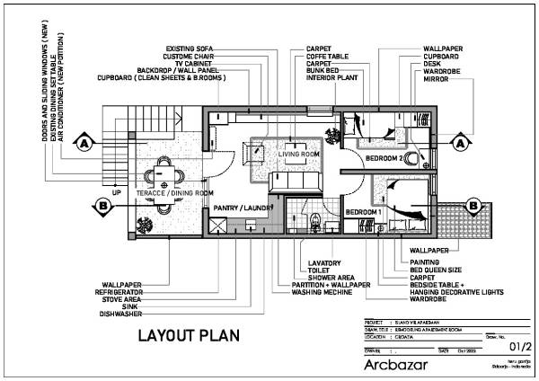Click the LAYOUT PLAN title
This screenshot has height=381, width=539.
189,337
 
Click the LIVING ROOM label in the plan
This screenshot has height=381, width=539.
298,155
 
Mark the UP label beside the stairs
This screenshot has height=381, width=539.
116,191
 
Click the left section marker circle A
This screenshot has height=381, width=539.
84,143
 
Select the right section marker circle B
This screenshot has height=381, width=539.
472,205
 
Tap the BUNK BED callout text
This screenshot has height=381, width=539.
324,70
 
